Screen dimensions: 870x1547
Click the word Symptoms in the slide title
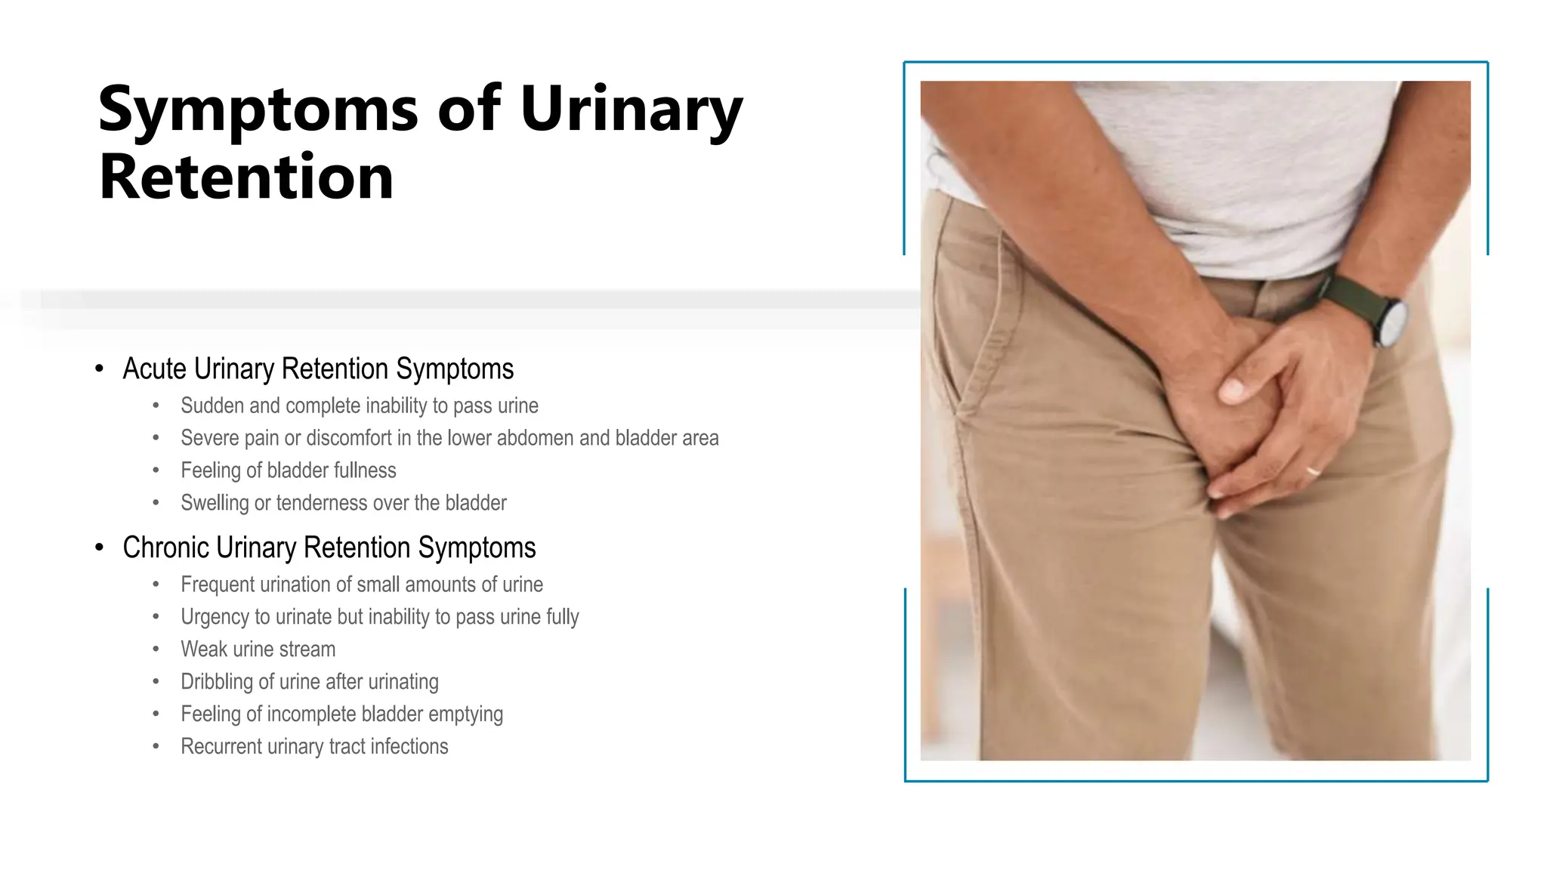258,110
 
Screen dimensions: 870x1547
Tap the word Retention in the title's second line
246,177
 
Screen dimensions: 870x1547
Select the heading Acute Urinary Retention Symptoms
318,369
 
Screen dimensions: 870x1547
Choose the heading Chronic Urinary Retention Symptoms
329,548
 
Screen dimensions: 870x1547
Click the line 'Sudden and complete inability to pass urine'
360,406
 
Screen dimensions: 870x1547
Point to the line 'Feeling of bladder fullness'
289,470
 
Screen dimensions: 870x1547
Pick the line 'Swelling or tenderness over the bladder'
344,503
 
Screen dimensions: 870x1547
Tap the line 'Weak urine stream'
258,649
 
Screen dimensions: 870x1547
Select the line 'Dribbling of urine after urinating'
310,682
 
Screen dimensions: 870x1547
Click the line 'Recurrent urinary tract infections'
314,747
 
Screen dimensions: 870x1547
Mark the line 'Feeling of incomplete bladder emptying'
341,714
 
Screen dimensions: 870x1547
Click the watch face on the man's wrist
1391,322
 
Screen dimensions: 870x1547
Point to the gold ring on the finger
1314,470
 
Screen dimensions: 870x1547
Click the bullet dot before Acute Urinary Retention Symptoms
100,369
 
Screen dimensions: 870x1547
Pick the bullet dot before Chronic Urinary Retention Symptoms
100,548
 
